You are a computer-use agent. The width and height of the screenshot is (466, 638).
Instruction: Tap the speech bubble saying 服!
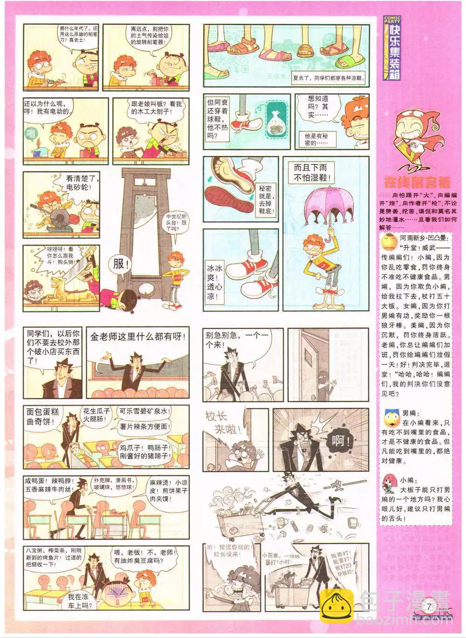point(119,264)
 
